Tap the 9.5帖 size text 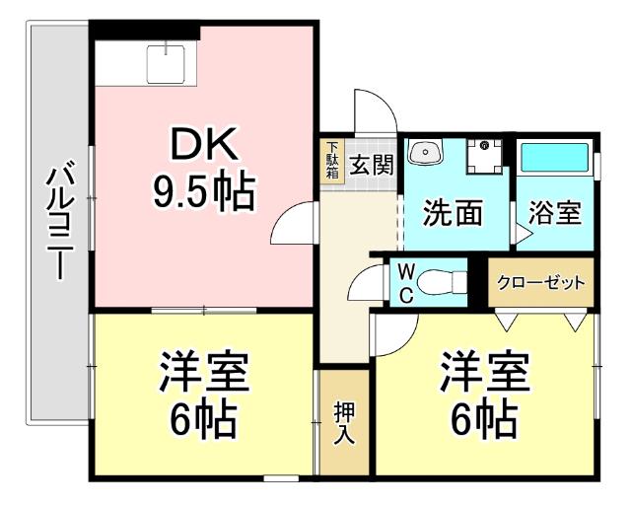pyautogui.click(x=204, y=190)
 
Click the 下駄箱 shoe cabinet pyautogui.click(x=332, y=162)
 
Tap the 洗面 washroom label pyautogui.click(x=454, y=212)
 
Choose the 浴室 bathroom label pyautogui.click(x=554, y=213)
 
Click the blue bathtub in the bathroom pyautogui.click(x=554, y=158)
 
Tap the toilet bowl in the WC pyautogui.click(x=438, y=282)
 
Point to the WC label pyautogui.click(x=405, y=284)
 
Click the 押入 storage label pyautogui.click(x=344, y=422)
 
